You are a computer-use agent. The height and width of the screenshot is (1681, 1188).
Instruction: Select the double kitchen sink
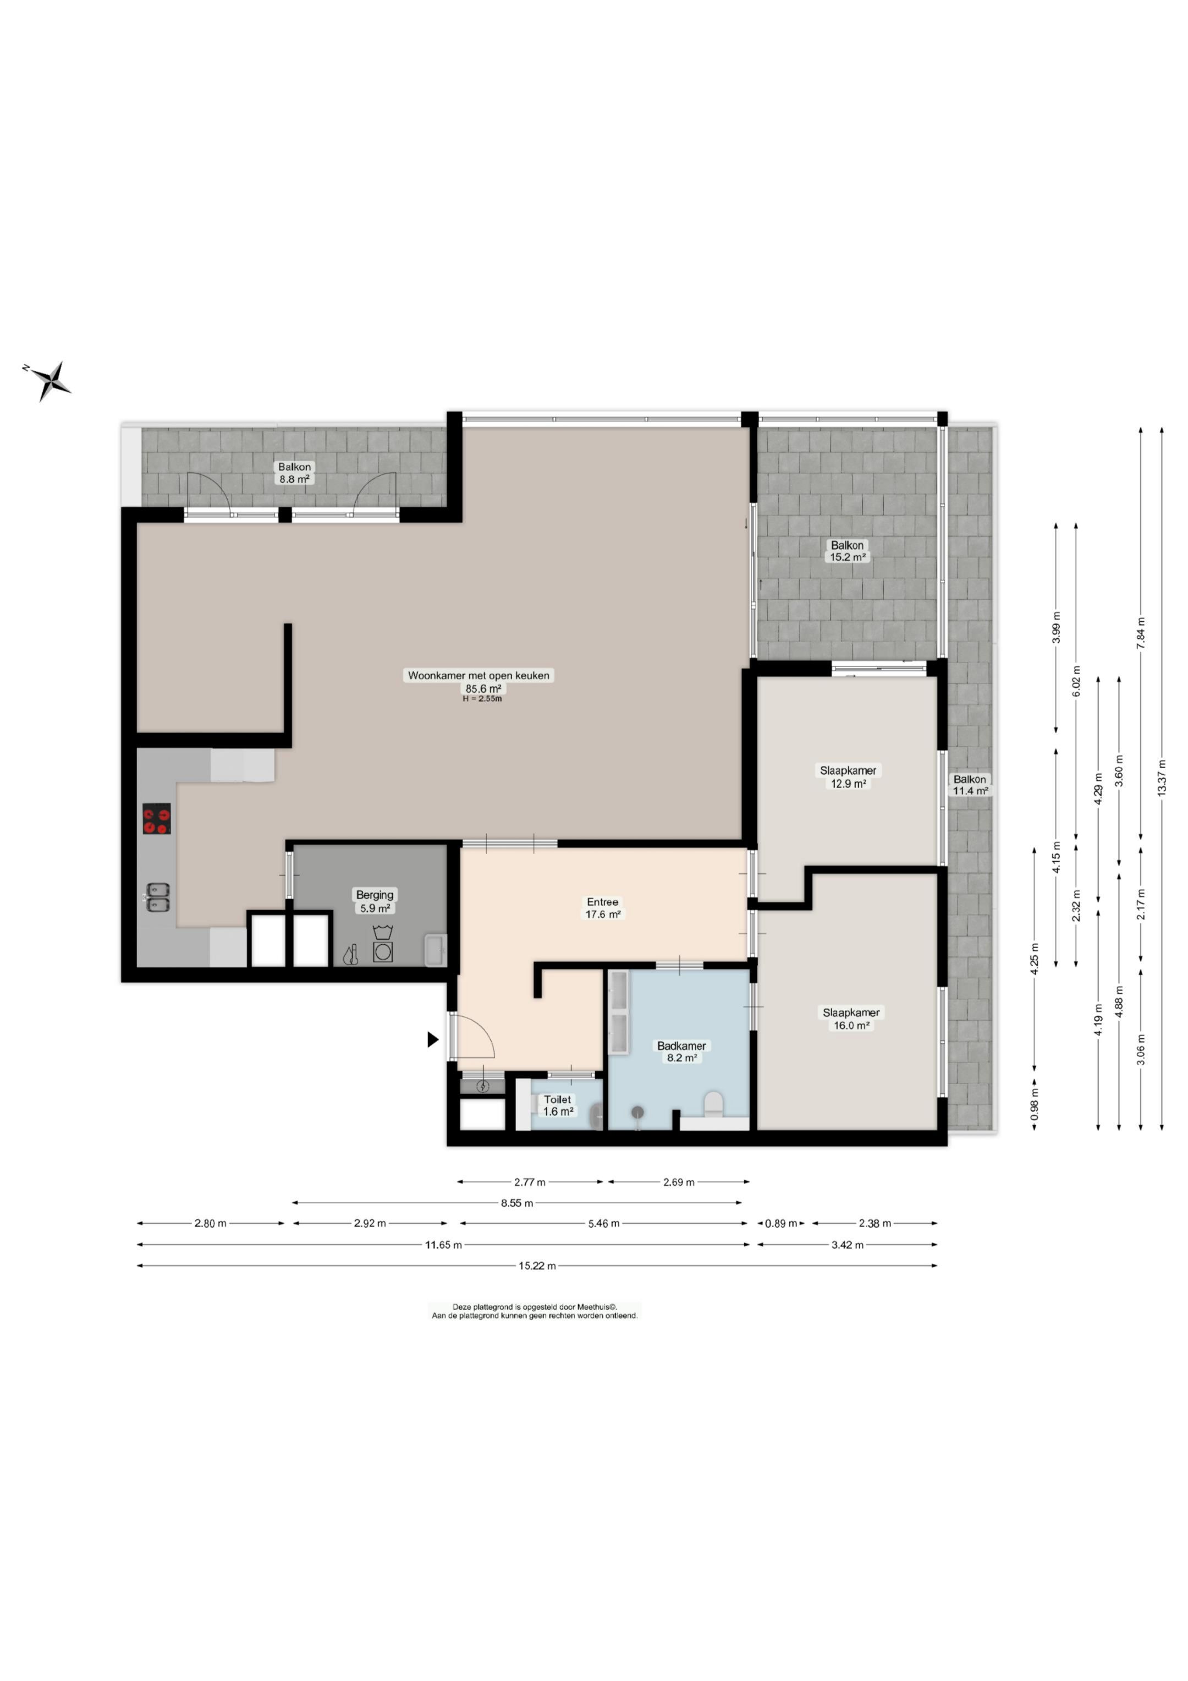coord(158,897)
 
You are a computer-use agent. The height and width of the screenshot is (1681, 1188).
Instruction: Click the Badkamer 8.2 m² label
coord(681,1052)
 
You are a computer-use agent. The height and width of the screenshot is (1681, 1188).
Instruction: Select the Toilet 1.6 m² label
coord(558,1105)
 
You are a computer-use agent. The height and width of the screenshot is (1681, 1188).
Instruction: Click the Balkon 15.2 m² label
coord(848,551)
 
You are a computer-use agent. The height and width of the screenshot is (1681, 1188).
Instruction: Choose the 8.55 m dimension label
coord(517,1202)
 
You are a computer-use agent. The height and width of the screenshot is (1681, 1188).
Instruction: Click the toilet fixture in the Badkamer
coord(713,1104)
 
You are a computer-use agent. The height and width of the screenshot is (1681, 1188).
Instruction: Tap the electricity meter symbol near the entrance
coord(482,1086)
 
